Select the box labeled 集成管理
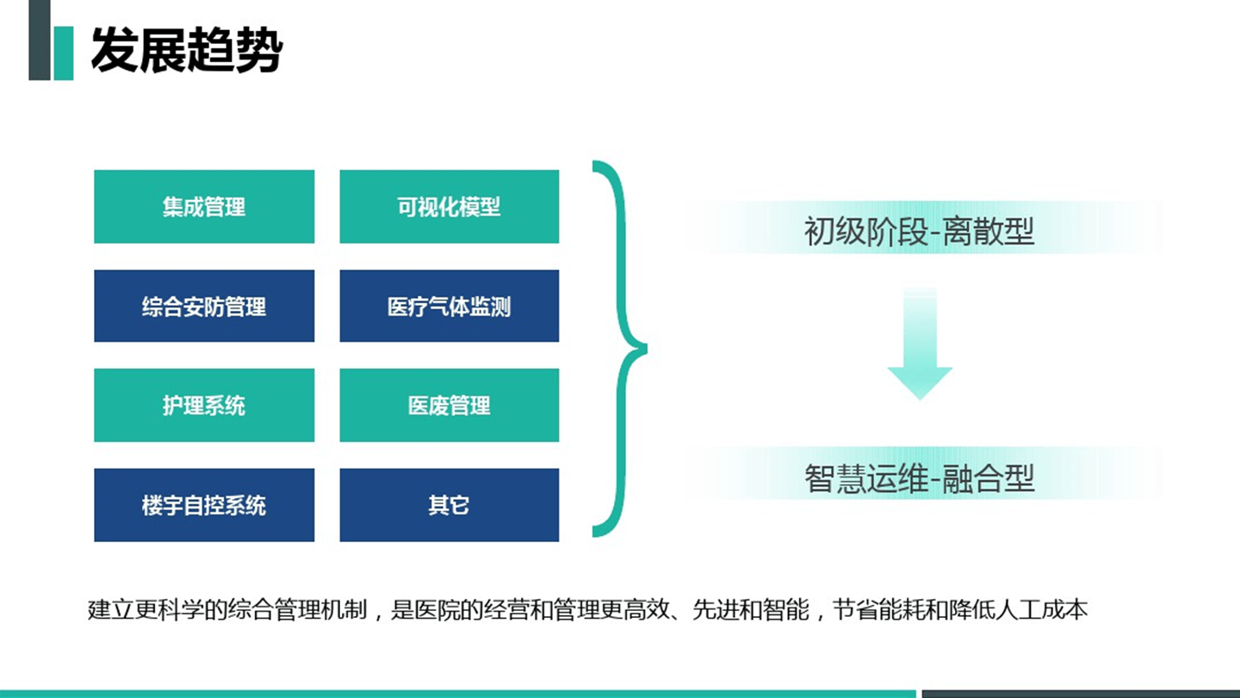click(x=204, y=207)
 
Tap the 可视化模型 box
click(x=449, y=207)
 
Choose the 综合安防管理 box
click(x=204, y=306)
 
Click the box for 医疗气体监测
click(x=449, y=306)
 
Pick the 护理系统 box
click(x=204, y=405)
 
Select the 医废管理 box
click(x=449, y=405)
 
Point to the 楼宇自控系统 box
click(x=204, y=505)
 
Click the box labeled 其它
click(x=449, y=505)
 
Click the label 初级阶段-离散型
click(x=919, y=231)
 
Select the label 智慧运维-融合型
click(x=919, y=477)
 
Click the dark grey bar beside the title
click(x=39, y=40)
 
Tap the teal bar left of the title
click(x=63, y=53)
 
